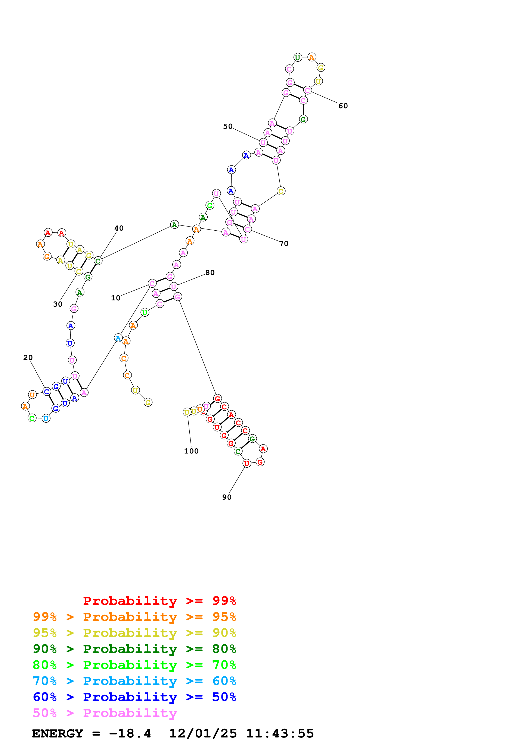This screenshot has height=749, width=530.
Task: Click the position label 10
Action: click(116, 298)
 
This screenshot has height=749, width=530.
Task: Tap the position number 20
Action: click(28, 358)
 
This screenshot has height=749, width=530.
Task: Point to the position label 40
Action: click(119, 228)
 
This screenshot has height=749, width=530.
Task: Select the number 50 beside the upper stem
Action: click(228, 127)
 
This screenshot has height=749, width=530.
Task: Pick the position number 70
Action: click(283, 244)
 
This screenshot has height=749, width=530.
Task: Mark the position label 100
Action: click(191, 451)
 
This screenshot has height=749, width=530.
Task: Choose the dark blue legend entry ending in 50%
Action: click(134, 697)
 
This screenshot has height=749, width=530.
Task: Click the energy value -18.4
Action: click(130, 734)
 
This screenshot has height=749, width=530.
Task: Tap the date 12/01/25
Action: click(203, 734)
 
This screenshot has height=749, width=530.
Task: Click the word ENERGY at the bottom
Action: click(58, 734)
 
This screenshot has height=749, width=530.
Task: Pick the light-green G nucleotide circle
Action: click(210, 206)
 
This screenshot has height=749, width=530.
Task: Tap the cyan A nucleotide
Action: click(118, 338)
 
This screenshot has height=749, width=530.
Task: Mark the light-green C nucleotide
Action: click(32, 418)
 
